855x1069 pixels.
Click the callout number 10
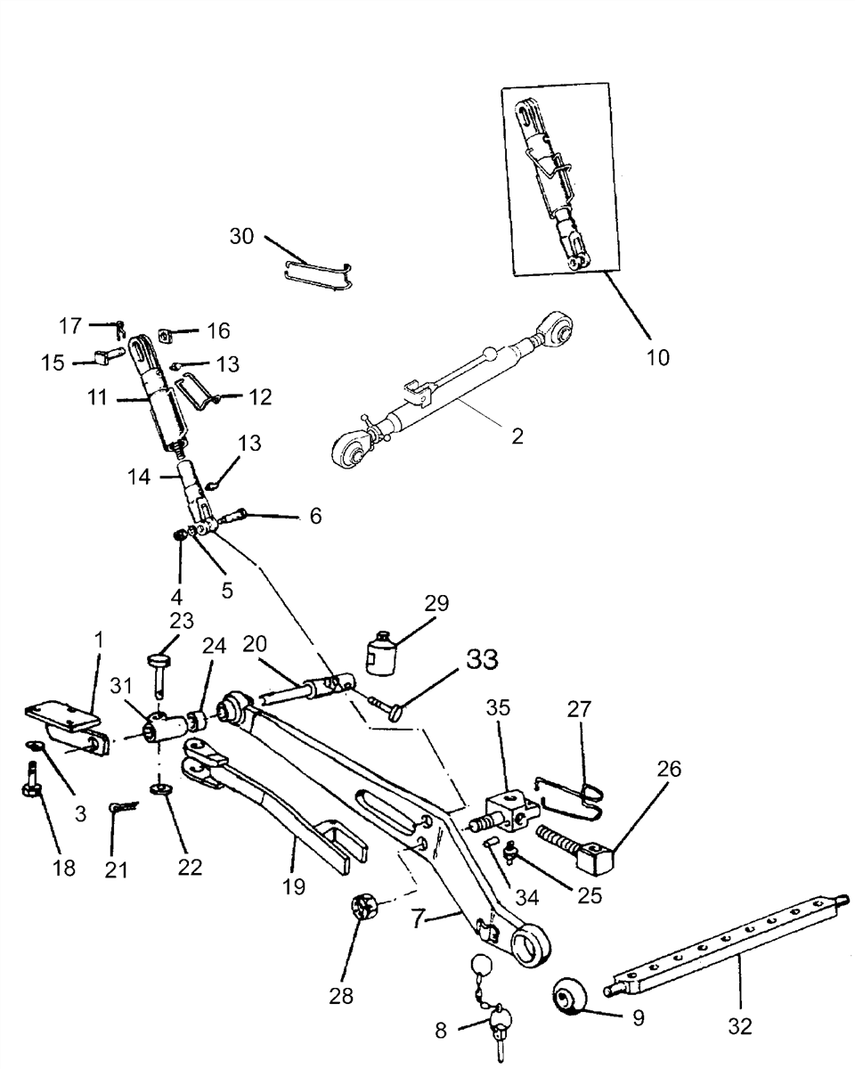[x=657, y=357]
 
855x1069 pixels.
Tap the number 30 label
[x=241, y=236]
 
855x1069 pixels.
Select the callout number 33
[x=482, y=660]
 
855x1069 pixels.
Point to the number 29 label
[x=436, y=603]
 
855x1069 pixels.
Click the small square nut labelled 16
[x=166, y=335]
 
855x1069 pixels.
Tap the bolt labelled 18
[x=32, y=781]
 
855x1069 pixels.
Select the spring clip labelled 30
[x=319, y=275]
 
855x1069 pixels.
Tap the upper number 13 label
[x=228, y=364]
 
